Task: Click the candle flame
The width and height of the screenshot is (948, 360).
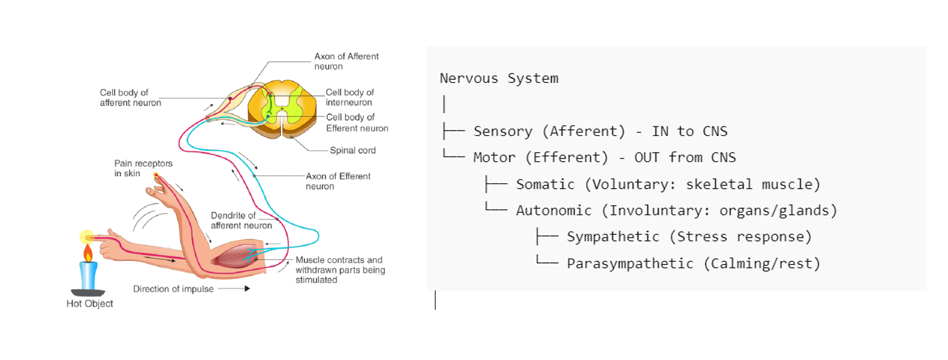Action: tap(87, 252)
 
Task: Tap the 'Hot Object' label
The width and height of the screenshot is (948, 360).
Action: tap(90, 304)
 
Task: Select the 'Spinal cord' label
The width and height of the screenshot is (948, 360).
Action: tap(353, 151)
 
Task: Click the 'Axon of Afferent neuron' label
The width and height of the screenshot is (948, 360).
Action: tap(347, 62)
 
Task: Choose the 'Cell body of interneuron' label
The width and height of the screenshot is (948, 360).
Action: tap(349, 98)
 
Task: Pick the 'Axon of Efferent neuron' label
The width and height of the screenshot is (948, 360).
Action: tap(338, 181)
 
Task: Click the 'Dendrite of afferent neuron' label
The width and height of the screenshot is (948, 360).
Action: tap(242, 220)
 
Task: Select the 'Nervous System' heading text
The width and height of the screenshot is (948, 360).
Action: tap(498, 78)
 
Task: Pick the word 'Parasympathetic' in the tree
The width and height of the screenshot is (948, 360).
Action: tap(630, 263)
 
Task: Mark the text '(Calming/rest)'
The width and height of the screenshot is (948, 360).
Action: tap(761, 263)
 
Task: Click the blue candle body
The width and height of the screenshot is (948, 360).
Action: tap(88, 274)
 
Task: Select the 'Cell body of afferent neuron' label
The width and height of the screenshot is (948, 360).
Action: tap(130, 98)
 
